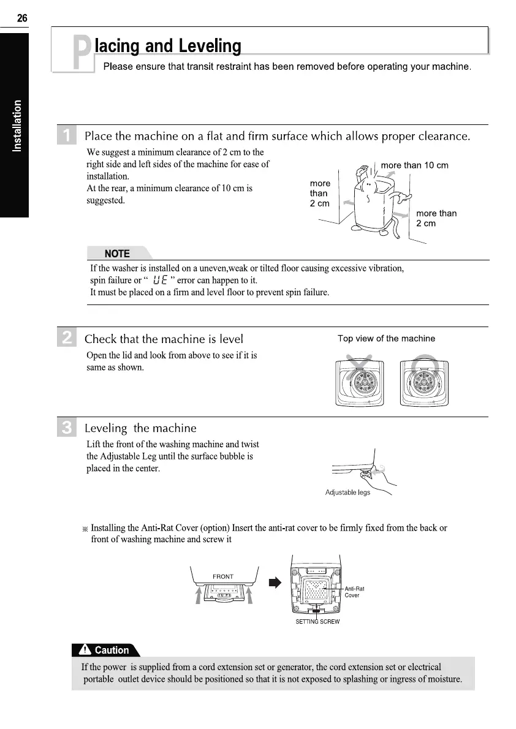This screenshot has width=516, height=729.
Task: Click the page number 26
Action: pyautogui.click(x=22, y=18)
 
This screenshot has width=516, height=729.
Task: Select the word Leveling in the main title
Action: pyautogui.click(x=208, y=46)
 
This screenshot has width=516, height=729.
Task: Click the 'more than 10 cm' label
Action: pyautogui.click(x=414, y=165)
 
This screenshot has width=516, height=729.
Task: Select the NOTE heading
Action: pyautogui.click(x=117, y=254)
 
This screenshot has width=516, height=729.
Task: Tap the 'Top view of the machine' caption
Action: pyautogui.click(x=386, y=338)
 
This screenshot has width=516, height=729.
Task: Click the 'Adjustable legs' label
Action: pyautogui.click(x=347, y=493)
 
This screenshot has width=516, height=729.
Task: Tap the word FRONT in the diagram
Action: pyautogui.click(x=222, y=576)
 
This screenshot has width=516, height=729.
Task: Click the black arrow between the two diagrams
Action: pyautogui.click(x=275, y=582)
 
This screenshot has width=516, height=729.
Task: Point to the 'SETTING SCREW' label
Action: pyautogui.click(x=317, y=621)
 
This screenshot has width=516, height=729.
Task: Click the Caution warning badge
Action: pyautogui.click(x=106, y=650)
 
